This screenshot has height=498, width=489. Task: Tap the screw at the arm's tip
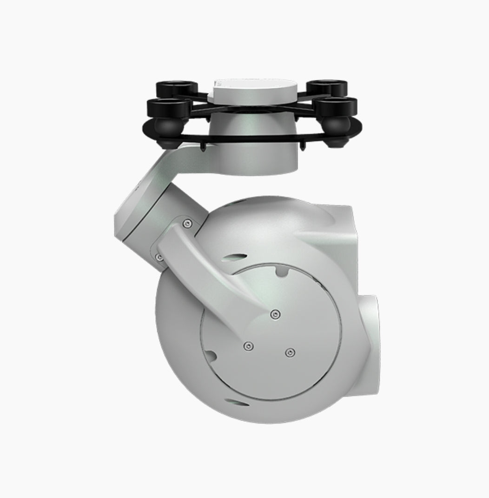click(x=276, y=315)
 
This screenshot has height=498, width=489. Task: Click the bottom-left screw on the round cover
click(x=249, y=346)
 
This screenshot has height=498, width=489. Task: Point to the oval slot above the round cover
click(x=236, y=255)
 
